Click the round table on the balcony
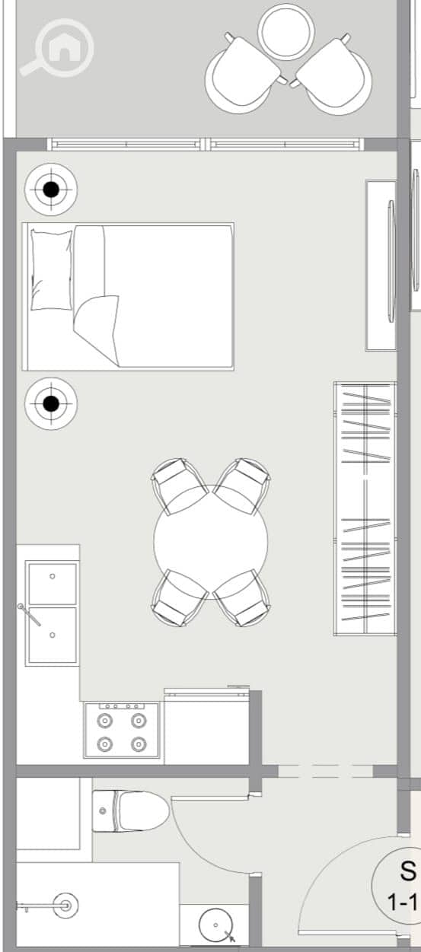click(286, 32)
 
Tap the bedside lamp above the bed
click(51, 189)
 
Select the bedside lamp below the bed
click(51, 404)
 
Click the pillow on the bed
click(52, 270)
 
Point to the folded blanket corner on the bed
click(97, 330)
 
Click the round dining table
click(210, 542)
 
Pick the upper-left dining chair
click(179, 486)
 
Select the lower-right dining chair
click(242, 597)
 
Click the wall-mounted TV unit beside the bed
click(381, 266)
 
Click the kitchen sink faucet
click(29, 615)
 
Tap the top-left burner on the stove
click(104, 721)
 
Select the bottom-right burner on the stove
click(139, 744)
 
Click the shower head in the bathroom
click(66, 906)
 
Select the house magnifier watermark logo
click(57, 48)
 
